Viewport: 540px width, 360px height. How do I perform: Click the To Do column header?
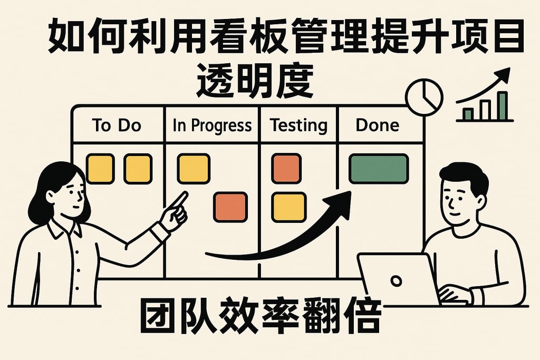[x=117, y=125]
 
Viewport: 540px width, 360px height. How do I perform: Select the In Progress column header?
[x=212, y=125]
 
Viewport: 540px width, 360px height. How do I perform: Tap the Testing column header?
[x=298, y=125]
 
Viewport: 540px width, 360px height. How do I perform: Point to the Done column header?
[x=378, y=125]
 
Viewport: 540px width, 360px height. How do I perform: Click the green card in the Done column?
[x=379, y=169]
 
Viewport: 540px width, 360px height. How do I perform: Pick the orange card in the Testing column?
[x=286, y=169]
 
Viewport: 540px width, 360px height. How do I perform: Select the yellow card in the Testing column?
[x=288, y=207]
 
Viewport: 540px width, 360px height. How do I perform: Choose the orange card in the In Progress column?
[x=230, y=207]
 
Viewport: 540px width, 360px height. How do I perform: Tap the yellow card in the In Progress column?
[x=194, y=169]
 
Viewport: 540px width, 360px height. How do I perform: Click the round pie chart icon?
[x=424, y=97]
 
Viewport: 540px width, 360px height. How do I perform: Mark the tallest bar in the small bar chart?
[x=503, y=106]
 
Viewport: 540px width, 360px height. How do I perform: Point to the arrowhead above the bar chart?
[x=504, y=75]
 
